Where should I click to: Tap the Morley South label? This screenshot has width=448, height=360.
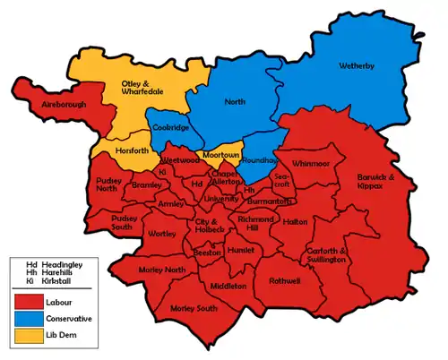[193, 309]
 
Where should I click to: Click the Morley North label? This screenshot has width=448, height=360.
[161, 270]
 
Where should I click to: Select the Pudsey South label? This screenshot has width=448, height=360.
[129, 222]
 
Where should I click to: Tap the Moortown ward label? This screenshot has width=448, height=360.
[220, 155]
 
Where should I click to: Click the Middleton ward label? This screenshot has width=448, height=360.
[228, 286]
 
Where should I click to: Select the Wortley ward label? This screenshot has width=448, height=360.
[163, 234]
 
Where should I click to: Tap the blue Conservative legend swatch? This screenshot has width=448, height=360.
[33, 318]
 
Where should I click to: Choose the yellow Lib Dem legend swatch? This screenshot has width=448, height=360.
[33, 338]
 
